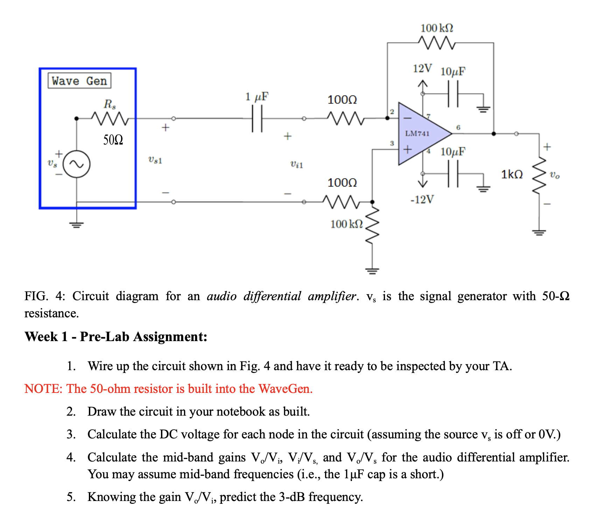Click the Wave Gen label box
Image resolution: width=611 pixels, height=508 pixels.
point(79,81)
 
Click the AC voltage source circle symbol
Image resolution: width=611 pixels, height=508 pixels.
point(77,164)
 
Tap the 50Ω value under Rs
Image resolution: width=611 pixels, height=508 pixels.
point(113,140)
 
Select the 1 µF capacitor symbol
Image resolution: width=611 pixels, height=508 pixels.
point(257,119)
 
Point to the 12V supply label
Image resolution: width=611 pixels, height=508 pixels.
point(422,69)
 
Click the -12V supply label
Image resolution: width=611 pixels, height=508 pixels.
point(422,199)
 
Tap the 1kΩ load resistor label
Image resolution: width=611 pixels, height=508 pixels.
point(512,174)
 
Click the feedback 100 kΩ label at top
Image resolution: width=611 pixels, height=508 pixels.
point(437,28)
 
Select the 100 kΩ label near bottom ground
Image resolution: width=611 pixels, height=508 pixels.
point(346,224)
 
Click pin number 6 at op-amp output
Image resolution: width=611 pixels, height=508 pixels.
point(458,127)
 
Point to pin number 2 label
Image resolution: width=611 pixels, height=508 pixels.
point(392,112)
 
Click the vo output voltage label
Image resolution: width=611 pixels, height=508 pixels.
point(555,175)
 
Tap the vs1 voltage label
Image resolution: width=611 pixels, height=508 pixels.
point(155,160)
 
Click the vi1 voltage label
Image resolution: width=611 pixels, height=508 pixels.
point(297,164)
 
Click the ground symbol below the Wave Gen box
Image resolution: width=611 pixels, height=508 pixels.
point(77,224)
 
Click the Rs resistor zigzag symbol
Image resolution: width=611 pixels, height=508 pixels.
point(110,119)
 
